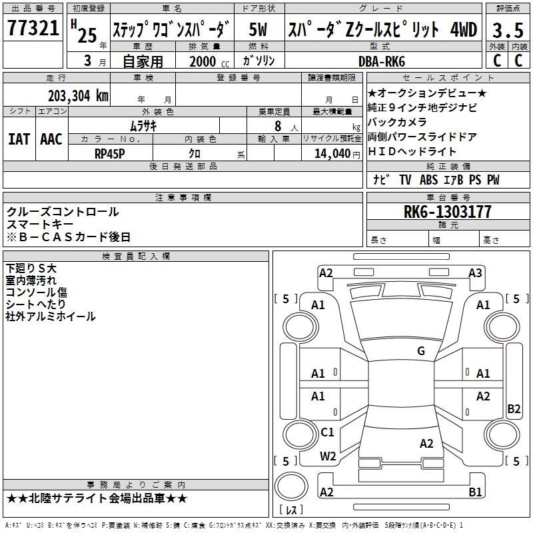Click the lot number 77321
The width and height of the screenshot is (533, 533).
[33, 29]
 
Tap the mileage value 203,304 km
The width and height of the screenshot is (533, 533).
[78, 95]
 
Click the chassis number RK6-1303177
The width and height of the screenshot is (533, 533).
[448, 212]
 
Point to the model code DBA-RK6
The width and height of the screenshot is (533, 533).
[382, 61]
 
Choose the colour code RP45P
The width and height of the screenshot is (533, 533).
[110, 153]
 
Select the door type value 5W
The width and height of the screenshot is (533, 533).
[259, 29]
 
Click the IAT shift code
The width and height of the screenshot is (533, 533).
[19, 139]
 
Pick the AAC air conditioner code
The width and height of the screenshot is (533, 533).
[51, 139]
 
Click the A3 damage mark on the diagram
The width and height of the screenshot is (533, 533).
[475, 272]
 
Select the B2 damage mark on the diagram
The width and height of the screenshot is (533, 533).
[514, 409]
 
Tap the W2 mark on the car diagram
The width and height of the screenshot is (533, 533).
[328, 456]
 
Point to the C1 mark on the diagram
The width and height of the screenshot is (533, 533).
[327, 432]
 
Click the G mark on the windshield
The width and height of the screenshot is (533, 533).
[420, 351]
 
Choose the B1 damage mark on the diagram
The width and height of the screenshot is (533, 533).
[475, 492]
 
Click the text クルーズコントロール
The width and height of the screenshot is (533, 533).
[63, 212]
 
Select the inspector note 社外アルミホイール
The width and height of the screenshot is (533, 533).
[51, 316]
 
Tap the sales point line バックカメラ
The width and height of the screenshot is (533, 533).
[397, 122]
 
